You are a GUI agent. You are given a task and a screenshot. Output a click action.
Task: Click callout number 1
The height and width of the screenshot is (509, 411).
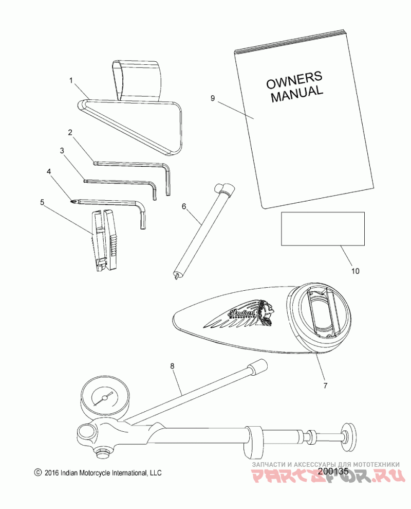(x=72, y=80)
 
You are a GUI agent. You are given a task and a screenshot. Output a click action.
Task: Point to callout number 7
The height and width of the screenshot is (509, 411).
(x=324, y=384)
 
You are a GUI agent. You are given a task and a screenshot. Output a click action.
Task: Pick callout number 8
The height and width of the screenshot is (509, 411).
(x=172, y=366)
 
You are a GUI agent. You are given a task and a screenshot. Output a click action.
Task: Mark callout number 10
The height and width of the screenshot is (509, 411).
(x=356, y=270)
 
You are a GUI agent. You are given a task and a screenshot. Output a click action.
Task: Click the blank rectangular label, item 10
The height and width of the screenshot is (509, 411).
(x=322, y=229)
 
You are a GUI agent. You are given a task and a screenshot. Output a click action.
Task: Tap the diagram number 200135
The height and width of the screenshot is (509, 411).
(x=333, y=470)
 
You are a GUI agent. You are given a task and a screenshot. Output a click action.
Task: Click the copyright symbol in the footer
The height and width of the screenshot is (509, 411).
(x=36, y=472)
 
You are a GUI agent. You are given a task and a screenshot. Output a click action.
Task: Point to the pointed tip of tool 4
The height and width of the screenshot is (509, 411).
(x=72, y=201)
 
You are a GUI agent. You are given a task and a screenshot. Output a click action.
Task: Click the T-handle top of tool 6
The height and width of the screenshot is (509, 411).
(x=225, y=189)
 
